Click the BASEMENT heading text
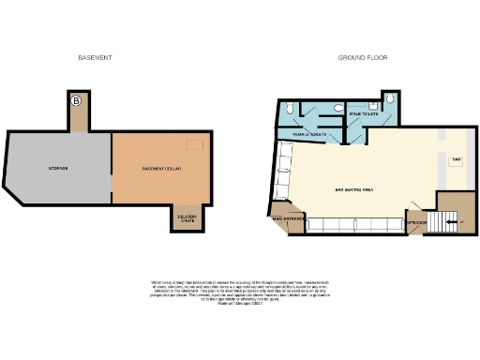pos(95,58)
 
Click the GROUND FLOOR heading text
pos(362,58)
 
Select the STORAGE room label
pos(59,168)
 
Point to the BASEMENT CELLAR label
pos(161,169)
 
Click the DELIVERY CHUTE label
pos(186,220)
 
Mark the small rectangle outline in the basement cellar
pos(194,144)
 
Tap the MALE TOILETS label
pos(362,114)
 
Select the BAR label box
pos(457,160)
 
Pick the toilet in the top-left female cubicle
pos(291,110)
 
